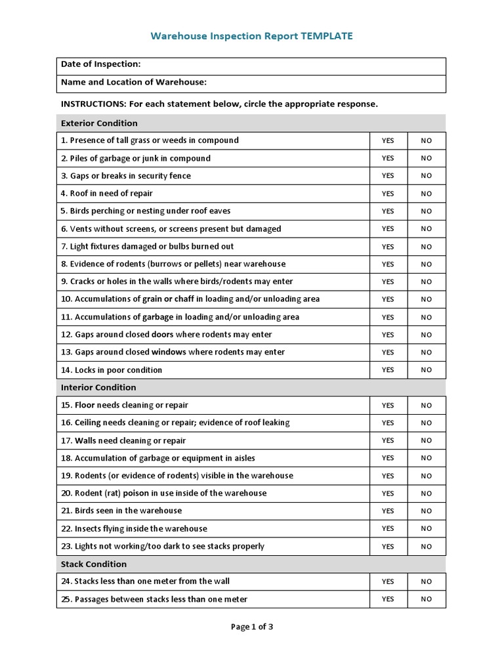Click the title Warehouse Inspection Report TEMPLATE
click(x=251, y=36)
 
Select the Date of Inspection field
click(x=251, y=64)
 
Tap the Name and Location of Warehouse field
click(x=251, y=82)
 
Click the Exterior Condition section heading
click(x=99, y=123)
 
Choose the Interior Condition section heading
click(x=98, y=387)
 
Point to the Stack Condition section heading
click(x=94, y=564)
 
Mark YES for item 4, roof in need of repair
click(x=388, y=194)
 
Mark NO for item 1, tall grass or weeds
click(x=427, y=140)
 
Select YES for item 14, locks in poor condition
click(x=388, y=369)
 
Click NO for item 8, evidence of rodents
click(x=427, y=264)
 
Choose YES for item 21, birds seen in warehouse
click(x=388, y=511)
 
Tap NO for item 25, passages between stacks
click(x=427, y=598)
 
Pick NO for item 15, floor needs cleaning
click(x=427, y=405)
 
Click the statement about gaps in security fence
click(x=126, y=176)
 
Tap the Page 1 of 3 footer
click(x=252, y=627)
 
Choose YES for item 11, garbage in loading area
click(x=388, y=317)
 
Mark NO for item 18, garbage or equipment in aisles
click(x=427, y=457)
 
